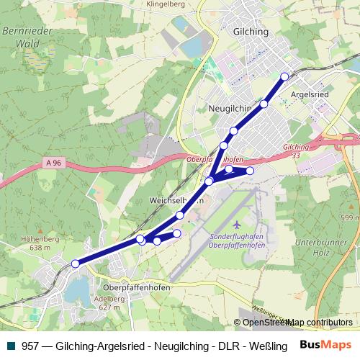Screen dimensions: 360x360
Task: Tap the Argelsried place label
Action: click(309, 94)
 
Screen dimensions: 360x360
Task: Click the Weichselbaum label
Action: click(173, 199)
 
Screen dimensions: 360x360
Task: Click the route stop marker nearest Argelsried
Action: click(284, 76)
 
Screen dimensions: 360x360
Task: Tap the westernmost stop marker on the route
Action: click(76, 264)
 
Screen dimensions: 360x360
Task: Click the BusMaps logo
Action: click(325, 345)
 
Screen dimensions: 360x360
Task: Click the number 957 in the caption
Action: click(30, 346)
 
